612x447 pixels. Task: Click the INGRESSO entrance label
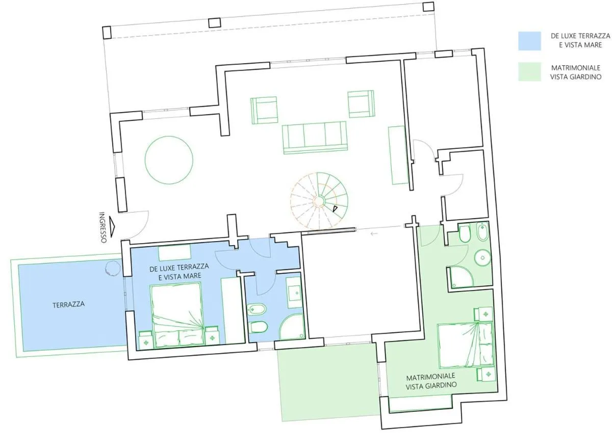click(103, 227)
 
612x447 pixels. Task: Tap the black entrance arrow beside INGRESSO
click(112, 227)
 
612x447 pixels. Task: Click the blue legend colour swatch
click(529, 41)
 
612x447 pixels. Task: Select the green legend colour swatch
click(529, 72)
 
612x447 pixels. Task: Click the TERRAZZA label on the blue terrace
click(68, 304)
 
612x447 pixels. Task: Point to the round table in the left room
click(169, 160)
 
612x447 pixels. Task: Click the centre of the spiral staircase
click(319, 201)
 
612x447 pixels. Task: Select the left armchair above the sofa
click(264, 110)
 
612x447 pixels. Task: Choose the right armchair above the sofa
click(361, 104)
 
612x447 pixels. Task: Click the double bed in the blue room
click(177, 315)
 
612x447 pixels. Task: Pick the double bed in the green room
click(466, 345)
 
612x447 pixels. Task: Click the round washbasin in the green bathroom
click(482, 257)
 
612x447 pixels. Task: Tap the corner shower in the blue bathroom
click(292, 327)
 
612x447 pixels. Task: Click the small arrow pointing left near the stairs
click(374, 233)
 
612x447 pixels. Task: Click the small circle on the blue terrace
click(113, 268)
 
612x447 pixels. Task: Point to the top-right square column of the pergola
click(428, 7)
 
